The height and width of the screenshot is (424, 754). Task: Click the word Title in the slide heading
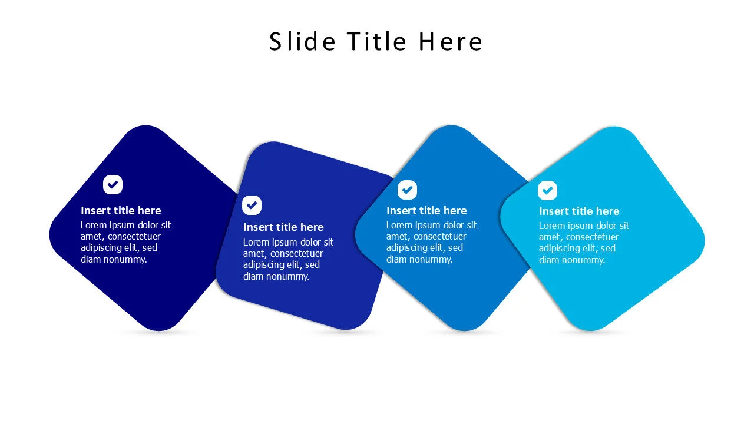pyautogui.click(x=376, y=42)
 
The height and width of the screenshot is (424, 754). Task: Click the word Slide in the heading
pyautogui.click(x=302, y=42)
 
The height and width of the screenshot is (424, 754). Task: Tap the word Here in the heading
pyautogui.click(x=451, y=42)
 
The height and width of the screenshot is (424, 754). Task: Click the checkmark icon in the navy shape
pyautogui.click(x=113, y=185)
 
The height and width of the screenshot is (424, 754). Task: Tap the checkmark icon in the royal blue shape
pyautogui.click(x=252, y=206)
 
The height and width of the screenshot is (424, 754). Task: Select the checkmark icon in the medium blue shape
pyautogui.click(x=407, y=190)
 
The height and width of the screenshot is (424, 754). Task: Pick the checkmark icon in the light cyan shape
pyautogui.click(x=547, y=191)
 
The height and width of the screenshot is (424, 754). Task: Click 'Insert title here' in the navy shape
pyautogui.click(x=121, y=211)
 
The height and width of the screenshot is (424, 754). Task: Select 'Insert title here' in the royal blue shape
pyautogui.click(x=283, y=227)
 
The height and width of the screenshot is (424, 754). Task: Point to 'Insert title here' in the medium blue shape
pyautogui.click(x=426, y=211)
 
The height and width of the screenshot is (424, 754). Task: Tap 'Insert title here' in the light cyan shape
pyautogui.click(x=579, y=211)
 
